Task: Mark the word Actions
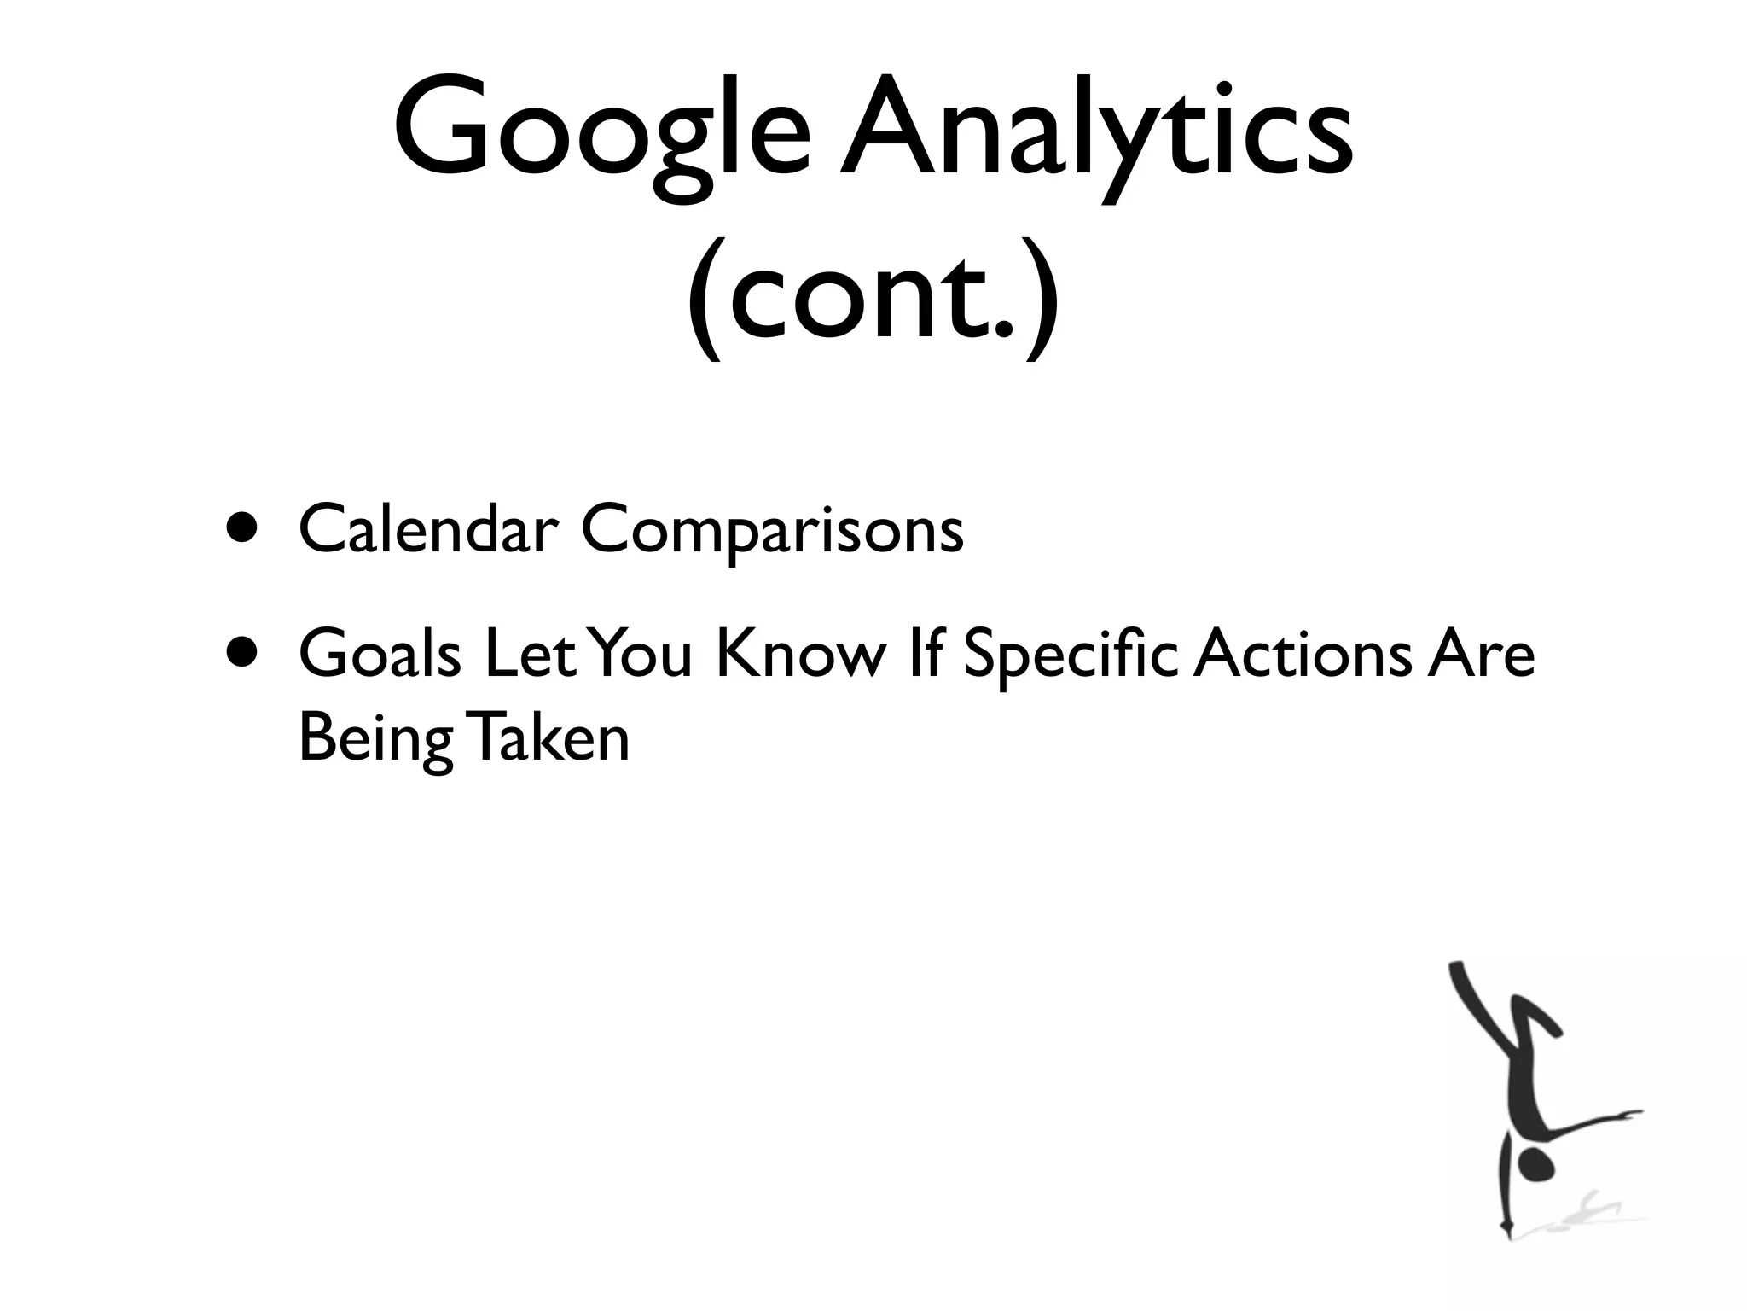[x=1302, y=655]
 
